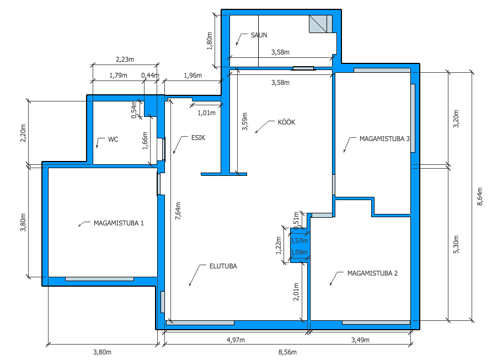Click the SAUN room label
(x=259, y=35)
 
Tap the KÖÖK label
(x=286, y=122)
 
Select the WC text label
(x=113, y=139)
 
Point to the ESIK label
(x=198, y=138)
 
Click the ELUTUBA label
(x=223, y=266)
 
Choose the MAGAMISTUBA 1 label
(x=119, y=223)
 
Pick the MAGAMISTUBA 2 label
(x=372, y=273)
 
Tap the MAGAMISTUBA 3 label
(x=384, y=139)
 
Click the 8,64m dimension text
(x=480, y=197)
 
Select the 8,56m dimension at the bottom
(x=287, y=352)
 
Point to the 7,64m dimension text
(x=178, y=211)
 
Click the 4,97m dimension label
(x=236, y=340)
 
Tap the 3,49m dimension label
(x=360, y=340)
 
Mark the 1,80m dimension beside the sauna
(x=210, y=41)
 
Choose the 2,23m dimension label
(x=125, y=60)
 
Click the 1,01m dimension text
(x=206, y=113)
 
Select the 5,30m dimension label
(x=456, y=244)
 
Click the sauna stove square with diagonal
(x=318, y=24)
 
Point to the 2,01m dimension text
(x=296, y=292)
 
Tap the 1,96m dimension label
(x=192, y=76)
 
